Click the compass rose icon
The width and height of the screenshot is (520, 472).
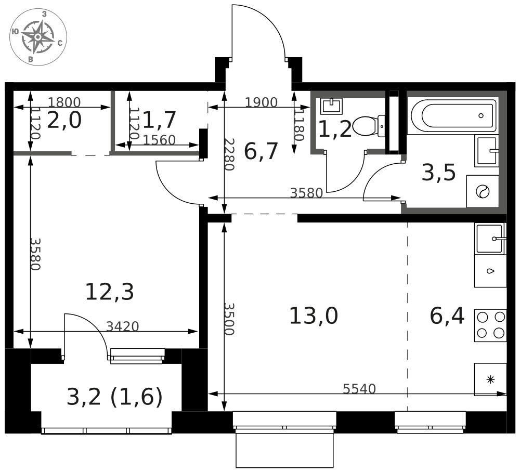click(38, 37)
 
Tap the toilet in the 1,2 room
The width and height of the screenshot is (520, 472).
click(369, 126)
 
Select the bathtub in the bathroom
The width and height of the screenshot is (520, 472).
click(453, 116)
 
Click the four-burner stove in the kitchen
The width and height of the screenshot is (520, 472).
click(490, 325)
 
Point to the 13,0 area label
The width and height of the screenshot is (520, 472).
click(314, 316)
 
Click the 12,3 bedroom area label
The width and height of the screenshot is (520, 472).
click(109, 292)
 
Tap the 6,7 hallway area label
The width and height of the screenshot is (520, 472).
click(261, 151)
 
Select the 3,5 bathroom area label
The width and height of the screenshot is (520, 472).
click(438, 173)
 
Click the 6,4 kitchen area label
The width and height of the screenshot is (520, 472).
click(447, 316)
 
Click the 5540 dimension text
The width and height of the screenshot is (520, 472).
click(359, 388)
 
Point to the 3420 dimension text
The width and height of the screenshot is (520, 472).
click(122, 326)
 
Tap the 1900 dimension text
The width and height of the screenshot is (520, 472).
click(261, 102)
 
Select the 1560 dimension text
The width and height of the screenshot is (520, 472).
click(159, 140)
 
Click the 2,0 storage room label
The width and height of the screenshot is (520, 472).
click(64, 120)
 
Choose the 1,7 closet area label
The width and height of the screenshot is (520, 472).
click(159, 120)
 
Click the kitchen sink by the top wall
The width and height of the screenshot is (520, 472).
click(490, 239)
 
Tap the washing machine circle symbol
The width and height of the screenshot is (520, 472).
click(483, 192)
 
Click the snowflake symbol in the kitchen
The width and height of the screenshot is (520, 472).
click(490, 379)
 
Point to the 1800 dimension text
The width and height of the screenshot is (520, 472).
click(64, 102)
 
